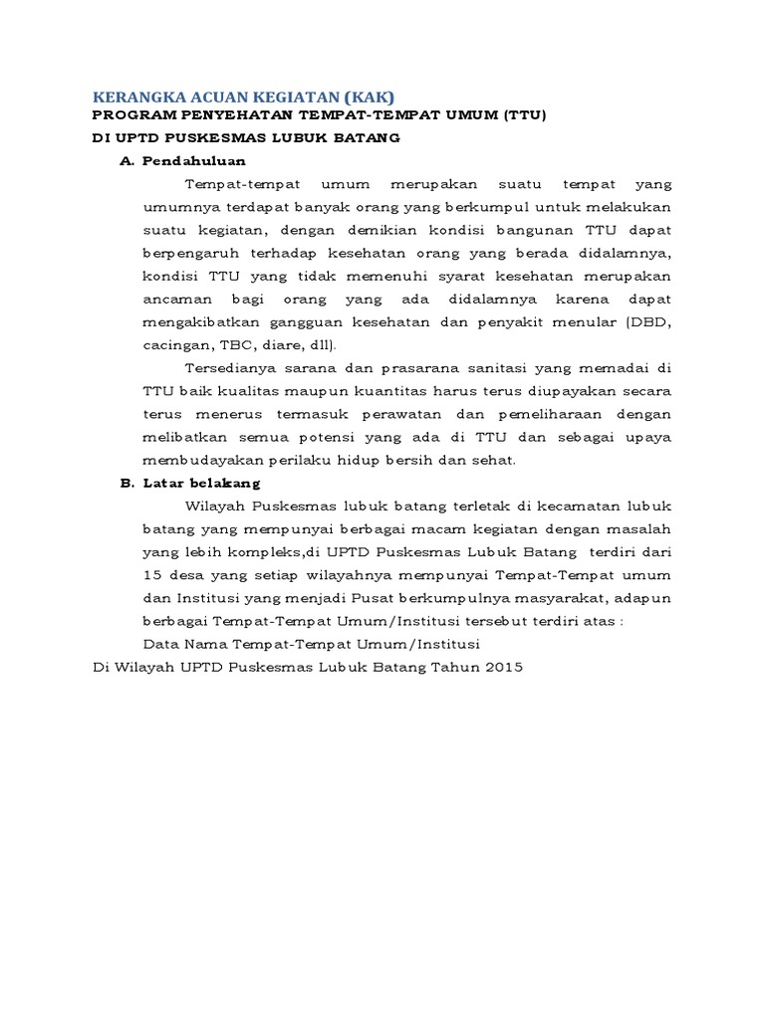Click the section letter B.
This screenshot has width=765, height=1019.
127,483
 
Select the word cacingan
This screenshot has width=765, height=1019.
175,344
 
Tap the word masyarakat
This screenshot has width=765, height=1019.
556,598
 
